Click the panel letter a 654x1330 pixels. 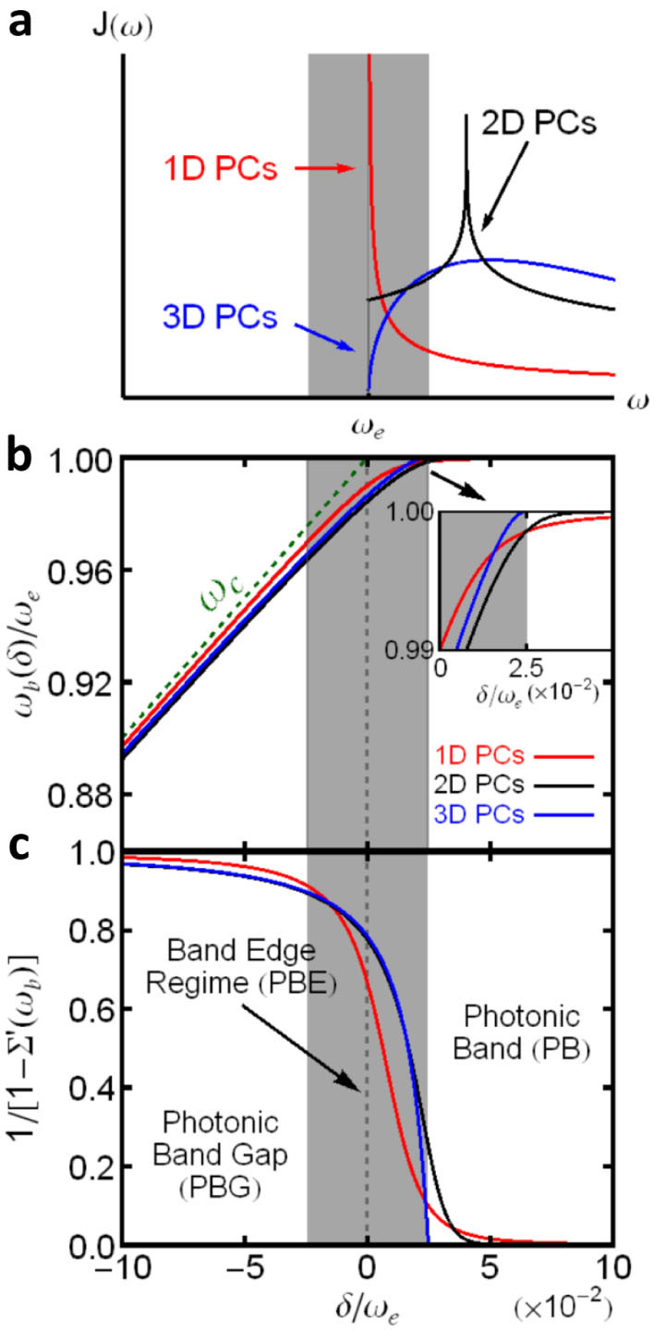[20, 20]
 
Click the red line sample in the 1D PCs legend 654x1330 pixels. [563, 757]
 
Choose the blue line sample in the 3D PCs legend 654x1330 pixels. [563, 814]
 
